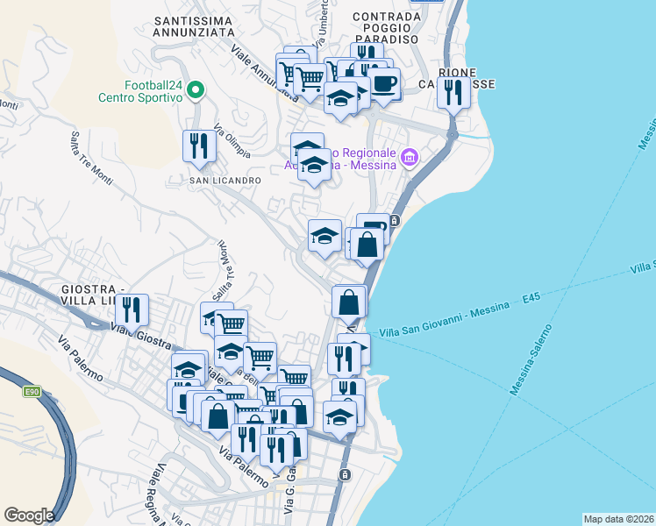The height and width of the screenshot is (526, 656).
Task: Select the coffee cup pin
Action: click(383, 84)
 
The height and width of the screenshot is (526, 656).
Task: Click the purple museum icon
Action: click(409, 158)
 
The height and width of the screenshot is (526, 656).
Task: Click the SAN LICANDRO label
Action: click(225, 180)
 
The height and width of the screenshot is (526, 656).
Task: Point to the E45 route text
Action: click(531, 300)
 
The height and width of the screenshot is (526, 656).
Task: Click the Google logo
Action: click(29, 515)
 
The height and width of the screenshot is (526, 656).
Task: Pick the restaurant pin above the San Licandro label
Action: click(199, 146)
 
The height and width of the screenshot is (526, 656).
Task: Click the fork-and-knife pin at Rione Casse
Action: click(453, 92)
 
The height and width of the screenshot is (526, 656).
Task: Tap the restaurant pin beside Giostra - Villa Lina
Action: click(132, 310)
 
